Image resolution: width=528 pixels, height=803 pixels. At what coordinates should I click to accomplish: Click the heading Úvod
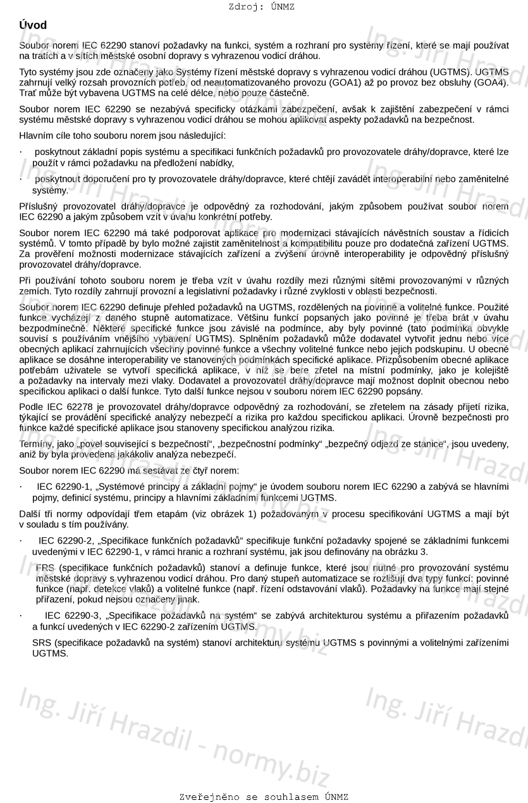click(33, 25)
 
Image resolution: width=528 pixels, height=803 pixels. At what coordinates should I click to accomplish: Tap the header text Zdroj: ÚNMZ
click(261, 7)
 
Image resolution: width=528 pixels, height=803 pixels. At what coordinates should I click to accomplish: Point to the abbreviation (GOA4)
click(491, 82)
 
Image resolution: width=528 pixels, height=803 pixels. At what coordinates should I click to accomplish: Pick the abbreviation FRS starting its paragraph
click(46, 567)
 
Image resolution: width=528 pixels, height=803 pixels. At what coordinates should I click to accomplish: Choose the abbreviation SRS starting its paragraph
click(42, 643)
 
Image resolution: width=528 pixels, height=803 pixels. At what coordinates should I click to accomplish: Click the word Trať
click(28, 93)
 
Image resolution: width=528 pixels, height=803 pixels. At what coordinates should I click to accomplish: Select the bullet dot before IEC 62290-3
click(21, 616)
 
